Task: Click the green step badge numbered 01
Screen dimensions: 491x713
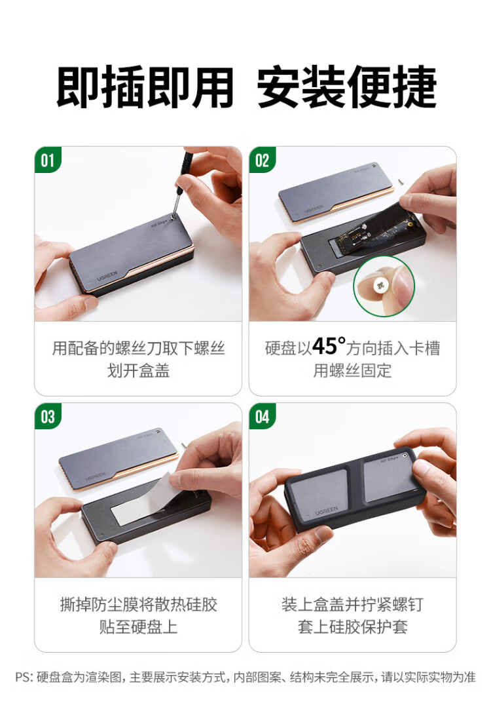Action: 48,160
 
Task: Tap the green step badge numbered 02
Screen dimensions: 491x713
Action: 262,160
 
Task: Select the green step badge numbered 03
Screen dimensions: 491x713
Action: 48,416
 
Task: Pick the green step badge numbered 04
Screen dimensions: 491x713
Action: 262,416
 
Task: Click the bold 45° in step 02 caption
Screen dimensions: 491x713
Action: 329,346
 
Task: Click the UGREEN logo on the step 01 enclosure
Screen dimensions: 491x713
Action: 107,276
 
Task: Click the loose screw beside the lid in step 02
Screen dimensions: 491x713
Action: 401,181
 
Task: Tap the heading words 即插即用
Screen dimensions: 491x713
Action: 145,87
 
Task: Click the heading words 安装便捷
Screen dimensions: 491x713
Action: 347,87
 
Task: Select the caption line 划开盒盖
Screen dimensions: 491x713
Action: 138,371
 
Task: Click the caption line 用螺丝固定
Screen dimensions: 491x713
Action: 352,371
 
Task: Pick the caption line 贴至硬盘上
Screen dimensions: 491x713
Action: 138,627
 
